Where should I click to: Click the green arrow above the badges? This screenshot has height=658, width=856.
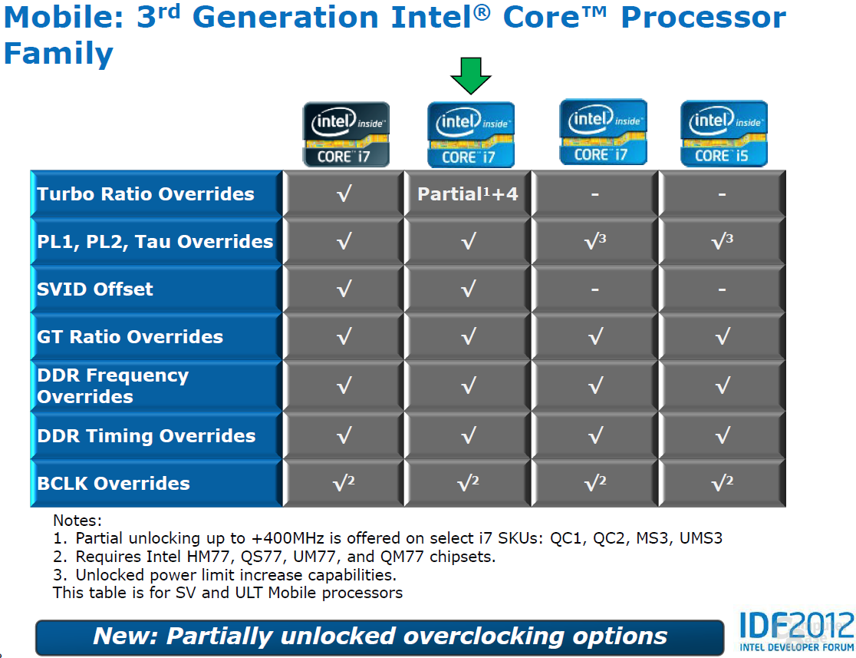coord(471,75)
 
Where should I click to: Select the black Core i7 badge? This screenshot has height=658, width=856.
coord(346,134)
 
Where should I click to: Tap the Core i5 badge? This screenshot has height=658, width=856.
coord(724,134)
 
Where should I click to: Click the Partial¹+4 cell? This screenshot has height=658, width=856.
coord(468,194)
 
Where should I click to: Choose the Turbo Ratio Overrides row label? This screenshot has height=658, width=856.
coord(145,194)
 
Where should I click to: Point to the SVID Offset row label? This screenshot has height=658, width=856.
coord(95,289)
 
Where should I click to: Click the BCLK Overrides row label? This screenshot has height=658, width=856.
coord(114,483)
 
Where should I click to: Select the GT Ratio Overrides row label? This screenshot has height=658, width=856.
coord(130,336)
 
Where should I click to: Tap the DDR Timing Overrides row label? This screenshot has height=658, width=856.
coord(147,435)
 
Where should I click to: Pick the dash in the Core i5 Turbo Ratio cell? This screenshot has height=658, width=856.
coord(723,194)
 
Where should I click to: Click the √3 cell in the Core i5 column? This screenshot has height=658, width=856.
coord(723,240)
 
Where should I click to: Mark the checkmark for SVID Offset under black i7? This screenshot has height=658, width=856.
coord(344,289)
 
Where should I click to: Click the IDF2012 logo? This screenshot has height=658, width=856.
coord(796,631)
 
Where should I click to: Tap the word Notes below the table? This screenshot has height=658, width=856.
coord(77,521)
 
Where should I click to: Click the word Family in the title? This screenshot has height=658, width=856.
coord(58,54)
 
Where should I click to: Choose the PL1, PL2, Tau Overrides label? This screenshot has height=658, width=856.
coord(155,242)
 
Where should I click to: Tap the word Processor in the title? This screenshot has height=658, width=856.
coord(703,18)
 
